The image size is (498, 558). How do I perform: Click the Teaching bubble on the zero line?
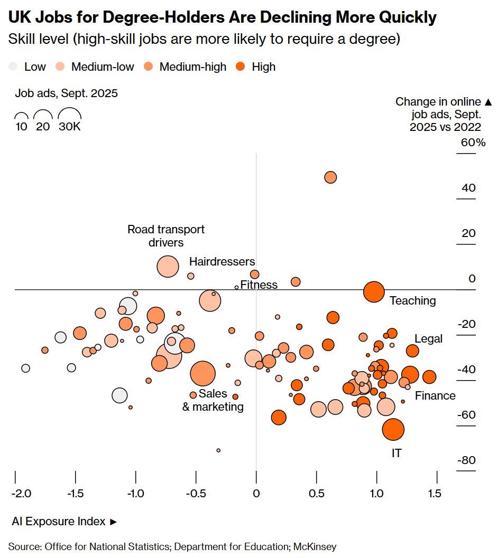coord(374,291)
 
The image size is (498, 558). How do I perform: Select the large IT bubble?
coord(393,429)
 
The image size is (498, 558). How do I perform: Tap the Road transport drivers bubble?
coord(168,267)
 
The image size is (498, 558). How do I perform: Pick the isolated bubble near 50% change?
coord(330,177)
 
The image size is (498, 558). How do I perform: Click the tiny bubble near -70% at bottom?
coord(218,450)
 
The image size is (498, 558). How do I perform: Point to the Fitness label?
coord(259,285)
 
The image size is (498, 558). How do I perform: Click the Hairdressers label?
coord(222,262)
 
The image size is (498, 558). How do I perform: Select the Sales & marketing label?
coord(213,400)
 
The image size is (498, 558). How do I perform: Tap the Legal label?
coord(428,339)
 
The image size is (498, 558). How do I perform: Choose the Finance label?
coord(435,396)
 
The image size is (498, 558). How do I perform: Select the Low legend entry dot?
coord(13,67)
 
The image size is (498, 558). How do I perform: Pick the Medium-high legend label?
coord(192,67)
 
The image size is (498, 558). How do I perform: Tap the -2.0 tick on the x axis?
coord(21,494)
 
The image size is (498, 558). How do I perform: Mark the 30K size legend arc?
coord(69,115)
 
